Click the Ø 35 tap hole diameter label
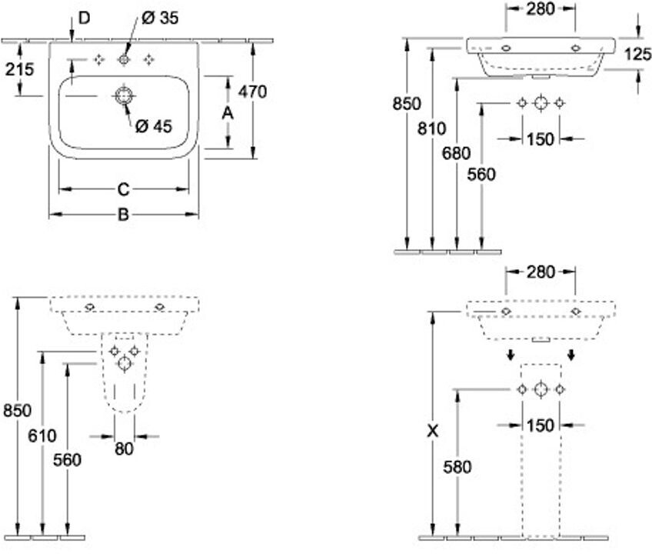pos(160,18)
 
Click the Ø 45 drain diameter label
pos(154,125)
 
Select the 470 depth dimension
pos(252,92)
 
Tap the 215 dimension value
pos(19,69)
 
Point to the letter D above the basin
pos(85,18)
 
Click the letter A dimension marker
pos(228,113)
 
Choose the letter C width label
pos(124,189)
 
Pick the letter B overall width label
pos(124,215)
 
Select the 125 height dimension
pos(638,54)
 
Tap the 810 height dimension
pos(432,128)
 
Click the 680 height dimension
pos(456,154)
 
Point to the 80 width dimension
pos(124,449)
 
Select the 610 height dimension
pos(42,436)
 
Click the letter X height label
pos(433,431)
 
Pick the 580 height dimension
pos(457,467)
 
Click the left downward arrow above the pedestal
pos(511,355)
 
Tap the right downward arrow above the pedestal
pos(571,355)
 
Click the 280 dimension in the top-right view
pos(541,8)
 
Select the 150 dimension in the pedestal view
pos(541,426)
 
